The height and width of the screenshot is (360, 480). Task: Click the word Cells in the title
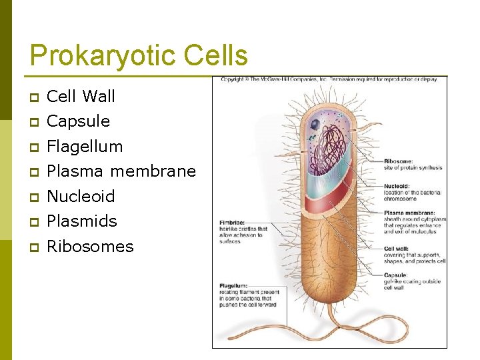click(214, 56)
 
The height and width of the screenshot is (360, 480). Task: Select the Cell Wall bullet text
click(81, 96)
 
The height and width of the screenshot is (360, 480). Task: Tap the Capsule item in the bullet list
click(78, 121)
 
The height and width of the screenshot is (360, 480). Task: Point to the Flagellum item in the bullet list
click(85, 146)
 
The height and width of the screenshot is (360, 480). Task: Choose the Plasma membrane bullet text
click(121, 171)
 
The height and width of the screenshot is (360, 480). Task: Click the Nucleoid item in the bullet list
click(81, 196)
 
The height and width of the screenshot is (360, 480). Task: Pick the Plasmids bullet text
click(82, 221)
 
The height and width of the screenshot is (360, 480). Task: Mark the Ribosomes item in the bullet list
click(90, 246)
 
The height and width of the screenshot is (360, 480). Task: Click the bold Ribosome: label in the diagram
click(399, 161)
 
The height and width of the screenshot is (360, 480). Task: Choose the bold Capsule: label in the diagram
click(396, 275)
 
